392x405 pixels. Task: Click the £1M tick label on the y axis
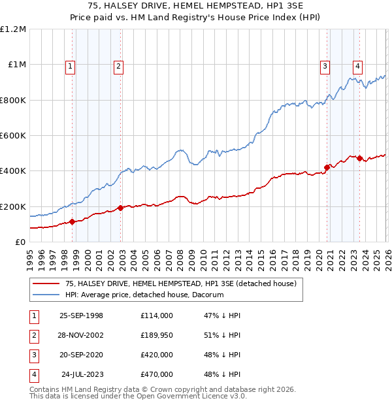coord(16,65)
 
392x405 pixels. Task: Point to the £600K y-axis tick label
coord(13,136)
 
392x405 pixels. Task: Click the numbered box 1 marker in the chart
coord(70,65)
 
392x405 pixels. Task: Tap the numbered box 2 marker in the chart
coord(118,65)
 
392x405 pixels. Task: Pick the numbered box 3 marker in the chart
coord(325,65)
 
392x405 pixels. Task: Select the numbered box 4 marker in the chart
coord(358,65)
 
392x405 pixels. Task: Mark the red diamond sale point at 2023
coord(359,158)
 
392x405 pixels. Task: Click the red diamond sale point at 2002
coord(120,208)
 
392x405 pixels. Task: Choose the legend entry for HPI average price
coord(144,295)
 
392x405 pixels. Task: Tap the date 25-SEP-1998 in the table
coord(81,316)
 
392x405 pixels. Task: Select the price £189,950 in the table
coord(157,335)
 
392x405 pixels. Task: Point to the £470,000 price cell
coord(157,374)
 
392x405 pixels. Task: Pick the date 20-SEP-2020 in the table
coord(81,355)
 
